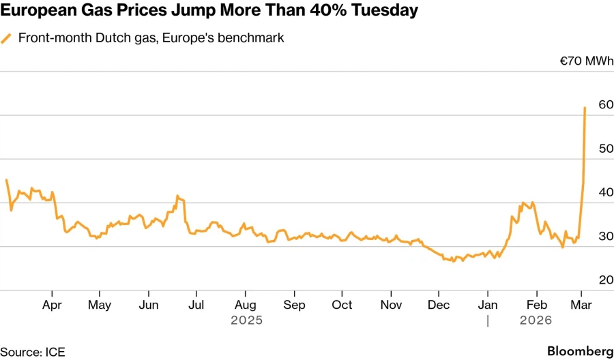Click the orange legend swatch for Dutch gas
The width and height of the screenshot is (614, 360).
click(7, 38)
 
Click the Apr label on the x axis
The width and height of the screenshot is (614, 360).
click(53, 305)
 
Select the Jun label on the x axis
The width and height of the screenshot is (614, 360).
click(149, 305)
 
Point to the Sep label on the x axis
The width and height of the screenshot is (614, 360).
click(294, 305)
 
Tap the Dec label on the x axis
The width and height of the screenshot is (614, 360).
click(439, 305)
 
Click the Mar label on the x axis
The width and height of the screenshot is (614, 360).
click(581, 305)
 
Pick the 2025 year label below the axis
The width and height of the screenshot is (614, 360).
click(246, 319)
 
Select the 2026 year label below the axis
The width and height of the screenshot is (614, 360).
click(536, 319)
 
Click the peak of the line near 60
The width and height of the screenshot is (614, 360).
click(585, 108)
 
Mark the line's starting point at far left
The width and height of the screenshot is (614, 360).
click(6, 180)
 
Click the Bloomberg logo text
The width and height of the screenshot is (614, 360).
click(580, 350)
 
